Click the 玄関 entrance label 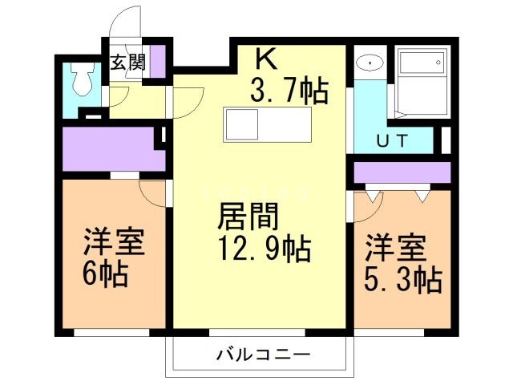point(128,61)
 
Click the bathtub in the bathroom point(421,77)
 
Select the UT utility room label point(394,141)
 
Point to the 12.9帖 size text point(262,250)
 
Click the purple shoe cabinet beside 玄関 point(158,61)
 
